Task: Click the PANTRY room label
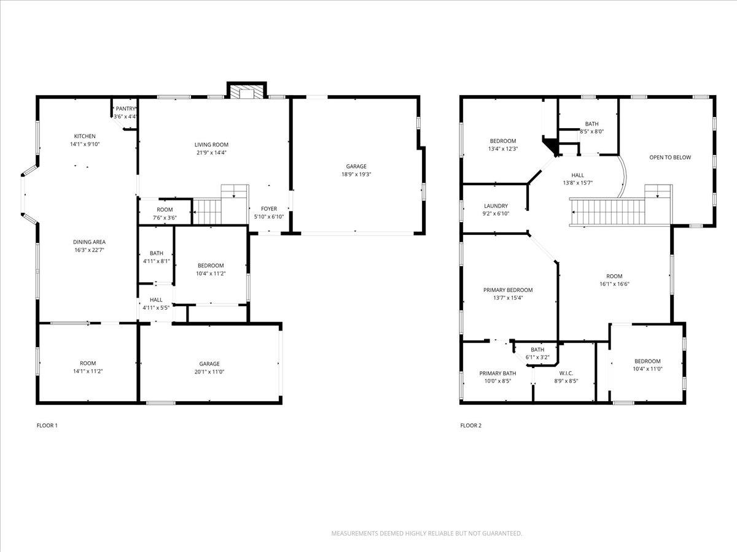(x=125, y=109)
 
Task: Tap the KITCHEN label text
(x=85, y=136)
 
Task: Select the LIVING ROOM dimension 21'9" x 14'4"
(x=211, y=153)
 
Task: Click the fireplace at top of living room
(x=247, y=91)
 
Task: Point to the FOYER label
(x=269, y=209)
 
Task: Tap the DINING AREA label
(x=90, y=242)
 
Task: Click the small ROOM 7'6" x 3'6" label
(x=165, y=210)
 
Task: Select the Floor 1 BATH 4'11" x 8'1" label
(x=156, y=253)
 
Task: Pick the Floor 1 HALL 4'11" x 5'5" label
(x=156, y=300)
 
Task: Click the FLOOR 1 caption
(x=47, y=425)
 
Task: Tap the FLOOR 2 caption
(x=471, y=425)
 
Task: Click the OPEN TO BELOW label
(x=670, y=158)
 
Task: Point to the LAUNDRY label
(x=496, y=206)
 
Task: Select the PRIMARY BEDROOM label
(x=508, y=290)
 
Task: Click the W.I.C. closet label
(x=566, y=373)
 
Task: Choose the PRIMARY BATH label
(x=497, y=373)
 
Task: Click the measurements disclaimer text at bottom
(x=427, y=534)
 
